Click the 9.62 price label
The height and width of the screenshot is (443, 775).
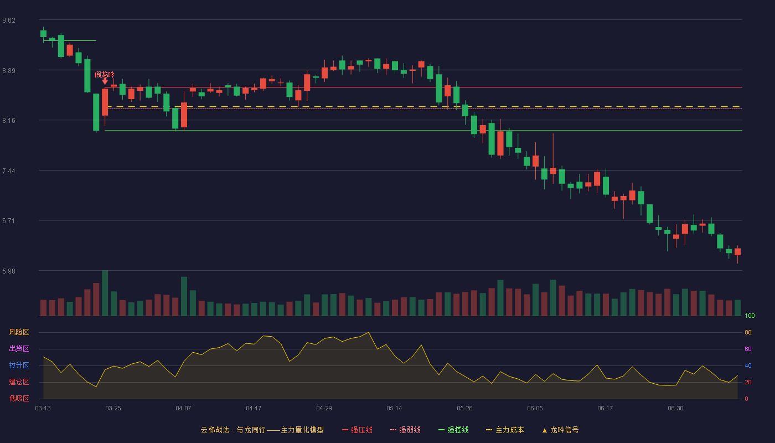coord(9,20)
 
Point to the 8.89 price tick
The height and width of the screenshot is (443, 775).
coord(9,71)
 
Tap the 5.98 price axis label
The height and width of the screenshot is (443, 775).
coord(9,271)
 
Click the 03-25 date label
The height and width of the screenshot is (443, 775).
coord(113,409)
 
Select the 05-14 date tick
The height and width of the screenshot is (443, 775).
coord(394,409)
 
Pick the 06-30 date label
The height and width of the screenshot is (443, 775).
coord(676,409)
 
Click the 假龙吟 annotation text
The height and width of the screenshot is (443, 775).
coord(105,74)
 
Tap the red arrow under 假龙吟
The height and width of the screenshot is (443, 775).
coord(105,81)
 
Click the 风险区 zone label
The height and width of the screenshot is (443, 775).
coord(19,332)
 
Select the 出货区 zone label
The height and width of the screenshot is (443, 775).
coord(19,348)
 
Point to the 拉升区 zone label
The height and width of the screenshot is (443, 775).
coord(19,365)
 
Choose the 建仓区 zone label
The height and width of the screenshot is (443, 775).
coord(19,382)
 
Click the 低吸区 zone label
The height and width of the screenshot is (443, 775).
coord(19,398)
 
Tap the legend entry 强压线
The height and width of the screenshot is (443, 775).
coord(357,430)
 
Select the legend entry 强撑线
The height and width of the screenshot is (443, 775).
coord(453,430)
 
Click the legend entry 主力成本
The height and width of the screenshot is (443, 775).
coord(505,430)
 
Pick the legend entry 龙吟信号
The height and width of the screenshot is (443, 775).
coord(560,430)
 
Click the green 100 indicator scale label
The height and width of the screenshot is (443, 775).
coord(750,316)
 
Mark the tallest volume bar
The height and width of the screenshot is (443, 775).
coord(105,293)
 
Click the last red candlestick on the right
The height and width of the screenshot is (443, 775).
coord(737,252)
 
